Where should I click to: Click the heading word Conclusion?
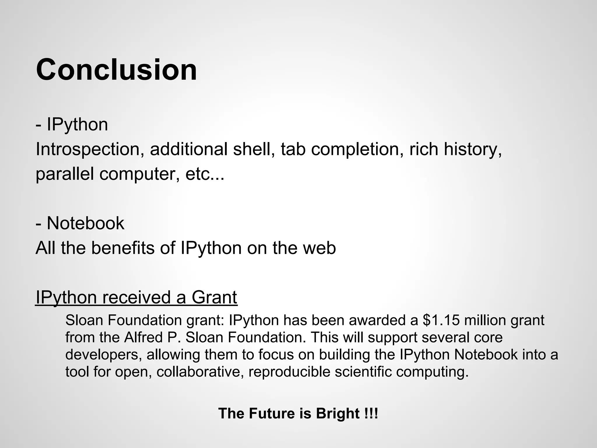[x=117, y=70]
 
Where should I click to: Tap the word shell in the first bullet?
[x=254, y=149]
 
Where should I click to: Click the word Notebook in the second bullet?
[x=85, y=223]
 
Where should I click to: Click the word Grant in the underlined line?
[x=214, y=297]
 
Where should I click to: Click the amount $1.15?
[x=441, y=320]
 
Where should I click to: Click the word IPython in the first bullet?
[x=77, y=125]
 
